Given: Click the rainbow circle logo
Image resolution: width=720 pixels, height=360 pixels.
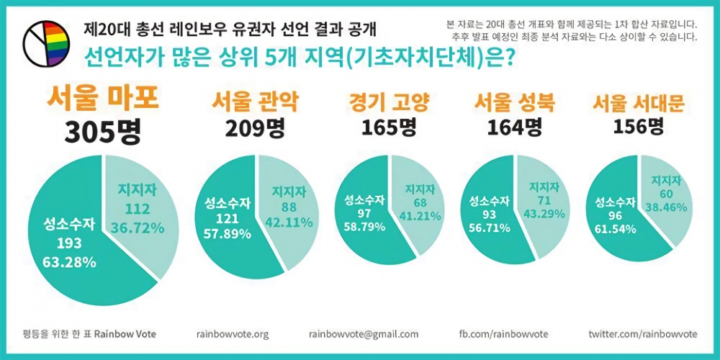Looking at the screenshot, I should [x=46, y=44].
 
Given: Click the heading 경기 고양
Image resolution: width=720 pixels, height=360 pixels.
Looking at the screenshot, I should [x=389, y=102].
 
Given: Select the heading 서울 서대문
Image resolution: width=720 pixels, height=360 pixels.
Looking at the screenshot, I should [x=638, y=102].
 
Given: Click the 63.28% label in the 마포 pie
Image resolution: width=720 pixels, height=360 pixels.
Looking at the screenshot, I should [x=70, y=261].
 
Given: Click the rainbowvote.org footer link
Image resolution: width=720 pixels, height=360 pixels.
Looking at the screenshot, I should [x=232, y=334].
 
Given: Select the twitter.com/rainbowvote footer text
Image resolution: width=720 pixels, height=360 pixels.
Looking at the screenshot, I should [x=642, y=334].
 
